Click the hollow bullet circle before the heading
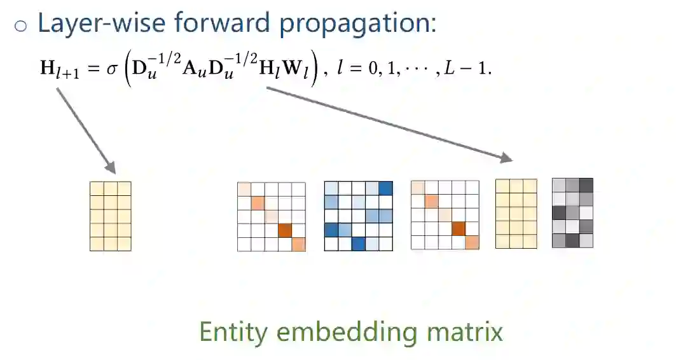point(21,25)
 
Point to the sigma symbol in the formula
point(113,68)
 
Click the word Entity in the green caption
point(233,332)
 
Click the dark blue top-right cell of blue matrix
point(385,188)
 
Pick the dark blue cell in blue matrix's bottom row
point(358,244)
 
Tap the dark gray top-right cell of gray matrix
point(586,185)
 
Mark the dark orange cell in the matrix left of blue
point(284,230)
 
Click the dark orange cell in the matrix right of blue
point(458,228)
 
